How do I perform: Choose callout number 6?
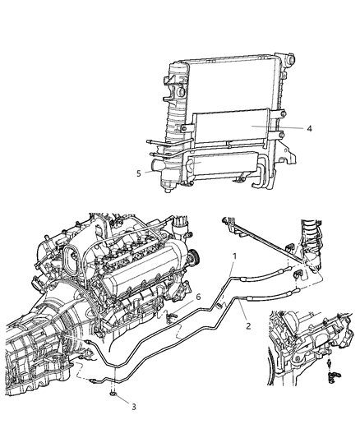pyautogui.click(x=197, y=297)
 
